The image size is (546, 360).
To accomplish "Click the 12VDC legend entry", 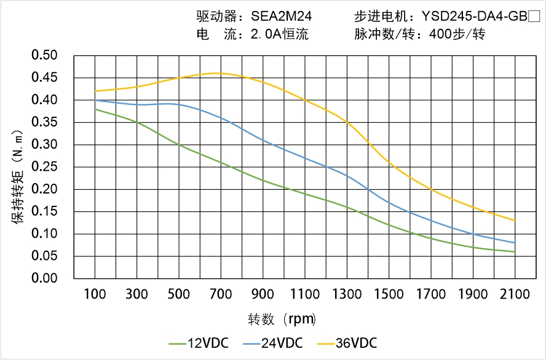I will [199, 343].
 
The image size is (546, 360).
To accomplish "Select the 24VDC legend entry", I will [273, 343].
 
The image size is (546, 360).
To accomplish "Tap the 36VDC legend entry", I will [347, 343].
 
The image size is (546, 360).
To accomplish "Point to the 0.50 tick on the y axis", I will [44, 56].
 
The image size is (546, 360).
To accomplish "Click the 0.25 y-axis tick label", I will [44, 167].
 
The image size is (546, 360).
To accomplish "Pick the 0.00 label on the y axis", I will [44, 278].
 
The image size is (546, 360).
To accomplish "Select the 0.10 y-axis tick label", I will [44, 234].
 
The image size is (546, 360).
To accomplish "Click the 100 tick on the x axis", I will [95, 294].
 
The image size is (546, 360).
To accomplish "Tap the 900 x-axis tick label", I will [263, 294].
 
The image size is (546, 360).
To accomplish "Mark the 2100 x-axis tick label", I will [515, 294].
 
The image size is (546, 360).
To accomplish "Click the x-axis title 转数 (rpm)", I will [282, 319].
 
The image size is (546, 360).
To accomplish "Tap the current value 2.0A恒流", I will [279, 34].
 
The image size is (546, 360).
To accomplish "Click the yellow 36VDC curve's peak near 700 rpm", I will [221, 73].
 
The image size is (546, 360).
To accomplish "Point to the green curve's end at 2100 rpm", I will [515, 252].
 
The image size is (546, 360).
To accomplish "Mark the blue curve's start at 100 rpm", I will [95, 100].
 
